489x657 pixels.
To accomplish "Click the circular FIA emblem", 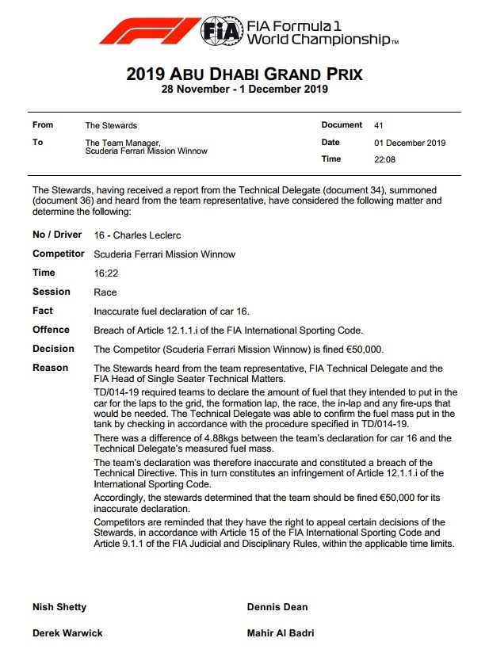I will pos(218,32).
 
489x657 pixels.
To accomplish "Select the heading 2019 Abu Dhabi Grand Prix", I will pos(244,75).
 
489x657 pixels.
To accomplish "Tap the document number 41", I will pos(378,125).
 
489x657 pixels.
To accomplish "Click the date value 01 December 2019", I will pos(409,143).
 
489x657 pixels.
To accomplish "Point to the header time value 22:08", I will pos(384,159).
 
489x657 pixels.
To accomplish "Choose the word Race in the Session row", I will pos(105,292).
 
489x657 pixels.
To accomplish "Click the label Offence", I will pos(51,330).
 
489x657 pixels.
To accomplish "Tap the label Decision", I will pos(53,349).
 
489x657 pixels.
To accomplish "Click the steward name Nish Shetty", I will pos(59,607).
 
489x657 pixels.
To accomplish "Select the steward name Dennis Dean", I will pos(277,607).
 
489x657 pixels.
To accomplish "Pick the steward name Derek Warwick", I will pos(67,633).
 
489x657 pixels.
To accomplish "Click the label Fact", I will pos(43,311).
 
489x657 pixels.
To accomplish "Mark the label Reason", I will pos(50,368).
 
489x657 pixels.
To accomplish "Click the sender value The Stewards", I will pos(111,125).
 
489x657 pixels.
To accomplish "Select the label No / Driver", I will pos(57,235).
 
